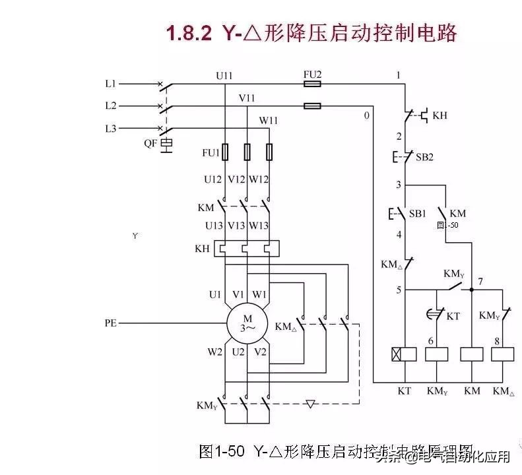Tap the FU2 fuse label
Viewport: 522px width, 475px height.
point(312,75)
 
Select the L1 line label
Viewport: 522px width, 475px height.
point(110,84)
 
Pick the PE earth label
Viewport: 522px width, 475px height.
point(111,324)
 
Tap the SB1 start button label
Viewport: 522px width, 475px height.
point(417,214)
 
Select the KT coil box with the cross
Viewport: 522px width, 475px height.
point(404,354)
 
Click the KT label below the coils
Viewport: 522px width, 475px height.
point(404,391)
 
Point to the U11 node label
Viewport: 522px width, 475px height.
point(224,75)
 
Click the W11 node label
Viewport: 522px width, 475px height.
point(268,120)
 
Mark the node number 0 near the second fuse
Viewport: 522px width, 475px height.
point(366,116)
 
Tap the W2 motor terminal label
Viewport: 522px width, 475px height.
point(215,352)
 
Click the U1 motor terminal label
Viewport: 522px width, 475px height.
point(215,295)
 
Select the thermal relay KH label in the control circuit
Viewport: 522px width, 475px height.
point(440,115)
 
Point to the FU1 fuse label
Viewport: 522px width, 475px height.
point(211,153)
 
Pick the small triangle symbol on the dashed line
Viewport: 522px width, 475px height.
point(311,403)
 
